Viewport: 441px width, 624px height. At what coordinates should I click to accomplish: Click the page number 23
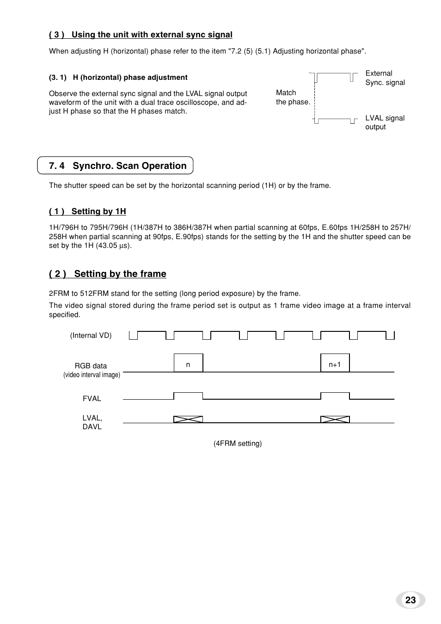(x=410, y=600)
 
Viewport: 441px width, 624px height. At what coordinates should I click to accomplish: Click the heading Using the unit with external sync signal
(x=141, y=35)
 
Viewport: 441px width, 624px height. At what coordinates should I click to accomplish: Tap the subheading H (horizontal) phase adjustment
(x=118, y=78)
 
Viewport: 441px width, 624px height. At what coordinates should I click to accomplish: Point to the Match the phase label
(x=293, y=97)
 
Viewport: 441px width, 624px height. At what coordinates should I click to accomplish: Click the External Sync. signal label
(x=385, y=78)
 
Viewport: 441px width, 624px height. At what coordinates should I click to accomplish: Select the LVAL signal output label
(x=385, y=122)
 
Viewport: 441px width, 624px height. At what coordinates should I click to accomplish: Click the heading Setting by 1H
(x=87, y=211)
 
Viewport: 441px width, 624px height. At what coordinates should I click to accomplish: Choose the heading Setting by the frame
(x=108, y=274)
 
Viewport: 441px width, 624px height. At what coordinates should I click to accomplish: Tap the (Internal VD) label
(x=91, y=336)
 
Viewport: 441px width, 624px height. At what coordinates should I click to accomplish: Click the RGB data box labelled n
(x=188, y=363)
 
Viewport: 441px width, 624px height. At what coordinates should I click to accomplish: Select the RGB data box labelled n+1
(x=335, y=363)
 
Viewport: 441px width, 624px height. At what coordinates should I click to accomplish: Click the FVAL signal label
(x=92, y=399)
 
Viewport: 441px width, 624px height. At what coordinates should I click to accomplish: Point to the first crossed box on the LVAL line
(x=188, y=419)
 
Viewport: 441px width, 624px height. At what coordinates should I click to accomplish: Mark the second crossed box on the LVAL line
(x=335, y=419)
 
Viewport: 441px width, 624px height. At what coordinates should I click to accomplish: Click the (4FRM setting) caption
(x=237, y=444)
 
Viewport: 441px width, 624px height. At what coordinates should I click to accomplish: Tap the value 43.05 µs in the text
(x=113, y=246)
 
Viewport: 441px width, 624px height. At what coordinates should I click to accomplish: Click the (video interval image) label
(x=92, y=375)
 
